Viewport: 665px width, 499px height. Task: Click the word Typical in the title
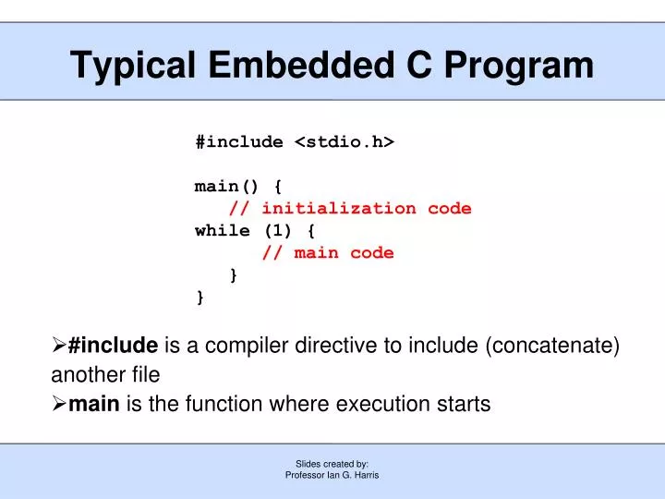click(x=136, y=65)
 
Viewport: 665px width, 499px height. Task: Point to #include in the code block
click(x=239, y=142)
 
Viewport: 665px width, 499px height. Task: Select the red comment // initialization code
click(x=350, y=209)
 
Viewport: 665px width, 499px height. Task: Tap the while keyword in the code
click(x=223, y=231)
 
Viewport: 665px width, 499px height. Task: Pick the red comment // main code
click(x=328, y=253)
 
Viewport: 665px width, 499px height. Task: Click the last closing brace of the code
click(x=200, y=297)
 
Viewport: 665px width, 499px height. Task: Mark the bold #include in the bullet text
click(x=113, y=347)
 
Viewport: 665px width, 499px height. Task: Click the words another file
click(x=105, y=375)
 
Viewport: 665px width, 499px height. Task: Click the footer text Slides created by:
click(x=332, y=464)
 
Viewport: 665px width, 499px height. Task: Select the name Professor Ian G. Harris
click(x=332, y=475)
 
